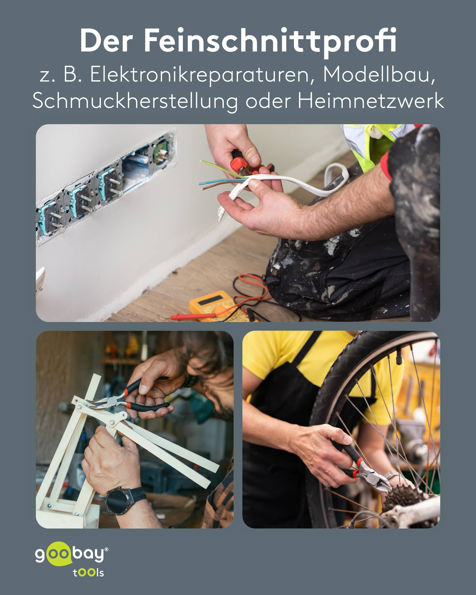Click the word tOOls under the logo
[88, 573]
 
